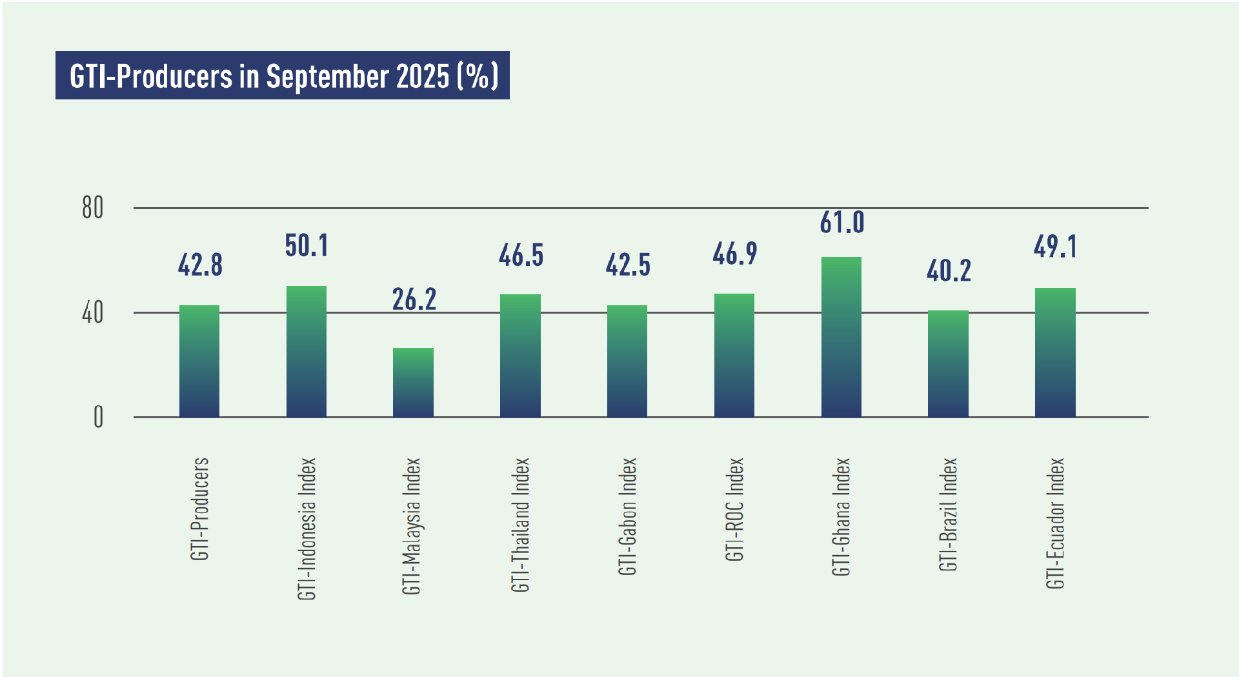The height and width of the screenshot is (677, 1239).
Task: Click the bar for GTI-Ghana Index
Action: (841, 337)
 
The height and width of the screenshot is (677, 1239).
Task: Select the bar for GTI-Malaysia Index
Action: (413, 382)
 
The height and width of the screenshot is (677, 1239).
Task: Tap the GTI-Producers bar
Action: (199, 361)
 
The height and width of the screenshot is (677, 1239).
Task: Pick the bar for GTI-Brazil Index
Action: (948, 363)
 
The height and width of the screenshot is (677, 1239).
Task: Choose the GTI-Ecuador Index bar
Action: (1055, 352)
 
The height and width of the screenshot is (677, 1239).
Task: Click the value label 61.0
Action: (842, 223)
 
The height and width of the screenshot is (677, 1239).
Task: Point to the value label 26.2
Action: (414, 299)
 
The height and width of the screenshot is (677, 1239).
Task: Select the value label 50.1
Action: (307, 246)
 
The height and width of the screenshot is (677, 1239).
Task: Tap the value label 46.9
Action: (734, 254)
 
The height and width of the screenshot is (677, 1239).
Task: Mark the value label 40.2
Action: (949, 271)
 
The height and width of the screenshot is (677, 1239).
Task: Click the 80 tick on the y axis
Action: (93, 208)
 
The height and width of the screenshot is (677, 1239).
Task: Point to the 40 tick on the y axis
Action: (93, 313)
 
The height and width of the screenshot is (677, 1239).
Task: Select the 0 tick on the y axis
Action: (98, 417)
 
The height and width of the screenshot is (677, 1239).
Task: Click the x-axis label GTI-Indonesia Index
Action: (307, 529)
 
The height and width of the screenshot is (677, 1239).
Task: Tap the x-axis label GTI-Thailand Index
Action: (521, 525)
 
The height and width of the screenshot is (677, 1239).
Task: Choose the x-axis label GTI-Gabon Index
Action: (627, 516)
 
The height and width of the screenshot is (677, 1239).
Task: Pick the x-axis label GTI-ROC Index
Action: (734, 509)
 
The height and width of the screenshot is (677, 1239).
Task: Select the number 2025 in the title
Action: (423, 76)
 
